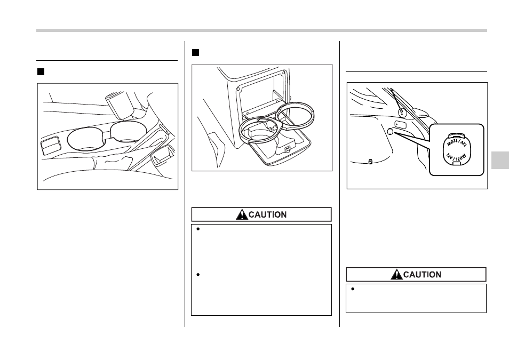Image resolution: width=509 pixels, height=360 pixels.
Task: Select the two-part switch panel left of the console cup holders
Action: coord(50,146)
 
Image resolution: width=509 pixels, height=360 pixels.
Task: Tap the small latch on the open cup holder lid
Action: coord(287,149)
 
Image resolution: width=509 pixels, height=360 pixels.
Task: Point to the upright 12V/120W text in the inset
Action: coord(456,158)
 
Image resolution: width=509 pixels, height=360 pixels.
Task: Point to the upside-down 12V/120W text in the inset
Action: coord(456,143)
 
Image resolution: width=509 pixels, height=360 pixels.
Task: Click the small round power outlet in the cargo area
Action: coord(390,132)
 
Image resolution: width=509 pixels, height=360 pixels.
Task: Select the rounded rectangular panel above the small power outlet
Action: coord(400,124)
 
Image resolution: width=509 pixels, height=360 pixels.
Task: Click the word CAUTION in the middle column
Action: coord(267,214)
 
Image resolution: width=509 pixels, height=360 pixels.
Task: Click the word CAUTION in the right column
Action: coord(422,275)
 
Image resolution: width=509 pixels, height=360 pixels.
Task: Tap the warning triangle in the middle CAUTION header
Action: coord(242,214)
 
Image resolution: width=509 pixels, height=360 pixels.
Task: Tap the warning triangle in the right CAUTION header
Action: coord(396,275)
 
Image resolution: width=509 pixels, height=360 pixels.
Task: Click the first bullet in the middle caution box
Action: coord(198,229)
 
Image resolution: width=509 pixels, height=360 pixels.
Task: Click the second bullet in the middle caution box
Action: coord(198,275)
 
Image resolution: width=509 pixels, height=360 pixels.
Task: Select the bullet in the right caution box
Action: coord(353,289)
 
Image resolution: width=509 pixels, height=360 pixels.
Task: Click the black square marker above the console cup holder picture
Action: coord(41,72)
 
